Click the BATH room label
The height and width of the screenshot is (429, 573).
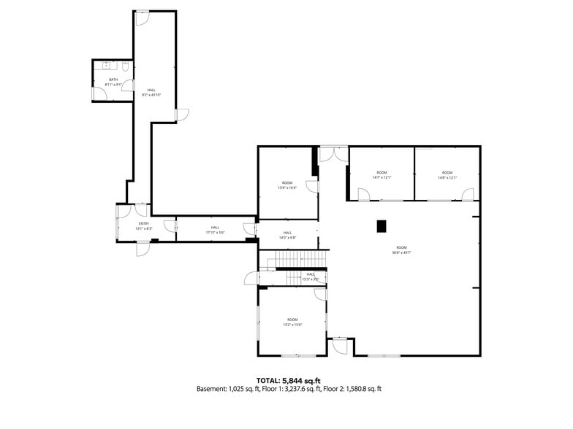(113, 80)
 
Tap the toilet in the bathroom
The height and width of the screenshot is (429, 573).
(125, 68)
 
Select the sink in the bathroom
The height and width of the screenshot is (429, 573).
(107, 66)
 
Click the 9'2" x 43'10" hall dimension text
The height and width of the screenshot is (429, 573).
(151, 95)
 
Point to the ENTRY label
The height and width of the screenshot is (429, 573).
(143, 223)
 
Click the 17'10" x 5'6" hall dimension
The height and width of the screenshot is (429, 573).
(215, 233)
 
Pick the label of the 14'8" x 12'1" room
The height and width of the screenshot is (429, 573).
(447, 177)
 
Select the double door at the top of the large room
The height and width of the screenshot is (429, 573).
(333, 152)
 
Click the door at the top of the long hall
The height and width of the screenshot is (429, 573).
(143, 17)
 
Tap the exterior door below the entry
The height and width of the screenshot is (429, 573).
(143, 248)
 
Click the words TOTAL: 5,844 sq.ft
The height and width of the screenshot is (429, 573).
(288, 380)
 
